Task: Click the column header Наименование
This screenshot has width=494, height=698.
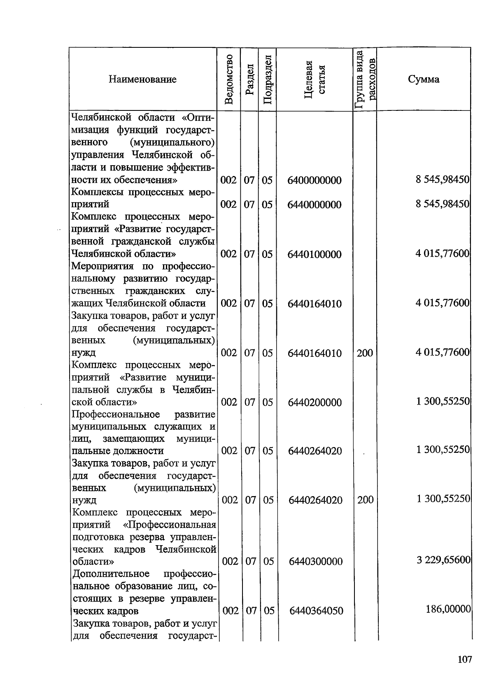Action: pos(142,79)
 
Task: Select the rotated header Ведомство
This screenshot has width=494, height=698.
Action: pos(229,79)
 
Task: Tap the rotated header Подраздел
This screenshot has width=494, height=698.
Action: pos(267,79)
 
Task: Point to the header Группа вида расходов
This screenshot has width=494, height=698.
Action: pos(365,79)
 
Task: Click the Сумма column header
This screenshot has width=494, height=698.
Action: pos(424,79)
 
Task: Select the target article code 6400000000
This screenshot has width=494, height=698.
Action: pos(315,180)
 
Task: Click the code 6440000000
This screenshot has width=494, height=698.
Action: pos(315,205)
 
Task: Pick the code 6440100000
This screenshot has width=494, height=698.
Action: pos(315,254)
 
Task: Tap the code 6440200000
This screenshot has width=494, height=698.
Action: pos(315,403)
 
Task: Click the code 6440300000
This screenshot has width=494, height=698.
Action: pos(316,562)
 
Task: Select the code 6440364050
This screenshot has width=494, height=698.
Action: pos(316,611)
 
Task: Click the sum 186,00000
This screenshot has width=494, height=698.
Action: pos(448,609)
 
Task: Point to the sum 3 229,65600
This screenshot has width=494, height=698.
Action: pos(443,560)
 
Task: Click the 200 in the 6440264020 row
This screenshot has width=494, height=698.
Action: pos(365,500)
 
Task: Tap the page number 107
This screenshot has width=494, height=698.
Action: pos(464,660)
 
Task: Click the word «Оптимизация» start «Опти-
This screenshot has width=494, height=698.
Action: pos(198,117)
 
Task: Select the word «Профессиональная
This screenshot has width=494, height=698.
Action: pos(170,525)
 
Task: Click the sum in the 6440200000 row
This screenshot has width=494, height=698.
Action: pos(443,401)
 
